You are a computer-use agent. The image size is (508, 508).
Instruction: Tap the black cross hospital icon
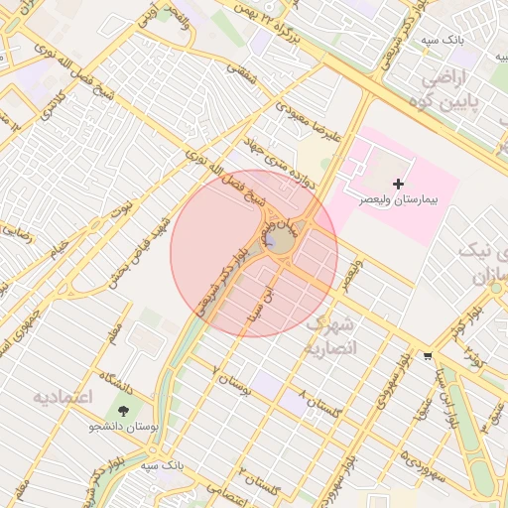point(399,184)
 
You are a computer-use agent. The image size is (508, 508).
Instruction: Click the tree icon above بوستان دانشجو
point(124,410)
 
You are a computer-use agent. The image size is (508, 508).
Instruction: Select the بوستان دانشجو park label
point(124,427)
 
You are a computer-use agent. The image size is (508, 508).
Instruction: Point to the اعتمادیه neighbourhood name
point(62,397)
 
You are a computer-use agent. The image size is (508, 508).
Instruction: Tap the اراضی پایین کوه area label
point(462,88)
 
